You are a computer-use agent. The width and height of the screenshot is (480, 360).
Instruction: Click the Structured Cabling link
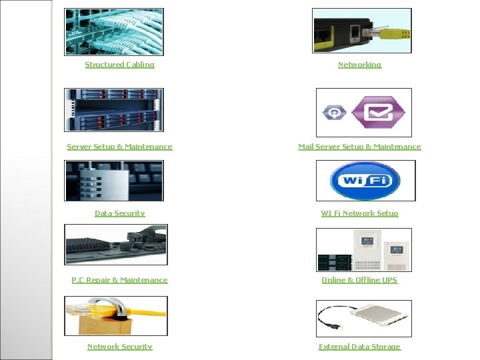pyautogui.click(x=119, y=65)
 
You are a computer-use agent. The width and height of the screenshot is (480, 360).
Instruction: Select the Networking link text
pyautogui.click(x=359, y=65)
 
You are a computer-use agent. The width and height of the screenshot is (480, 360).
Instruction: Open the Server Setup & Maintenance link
pyautogui.click(x=119, y=147)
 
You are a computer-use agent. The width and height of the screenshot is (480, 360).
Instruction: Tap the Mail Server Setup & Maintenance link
pyautogui.click(x=359, y=147)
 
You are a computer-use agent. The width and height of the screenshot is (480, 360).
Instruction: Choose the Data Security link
pyautogui.click(x=119, y=213)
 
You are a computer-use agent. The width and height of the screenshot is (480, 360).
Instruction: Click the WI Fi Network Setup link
pyautogui.click(x=359, y=213)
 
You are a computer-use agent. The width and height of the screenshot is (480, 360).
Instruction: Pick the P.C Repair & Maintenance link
pyautogui.click(x=119, y=280)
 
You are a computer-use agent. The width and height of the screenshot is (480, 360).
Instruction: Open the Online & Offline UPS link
pyautogui.click(x=359, y=280)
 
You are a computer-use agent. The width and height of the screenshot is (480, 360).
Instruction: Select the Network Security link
pyautogui.click(x=119, y=347)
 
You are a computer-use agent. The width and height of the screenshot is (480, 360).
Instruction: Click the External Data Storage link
pyautogui.click(x=359, y=347)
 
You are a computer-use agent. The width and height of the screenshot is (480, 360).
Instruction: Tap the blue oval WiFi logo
pyautogui.click(x=365, y=181)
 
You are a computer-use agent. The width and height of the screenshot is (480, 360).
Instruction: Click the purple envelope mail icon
pyautogui.click(x=378, y=113)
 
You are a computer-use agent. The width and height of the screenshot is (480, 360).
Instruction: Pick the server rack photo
pyautogui.click(x=113, y=110)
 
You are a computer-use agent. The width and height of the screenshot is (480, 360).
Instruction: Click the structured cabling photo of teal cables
pyautogui.click(x=113, y=31)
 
